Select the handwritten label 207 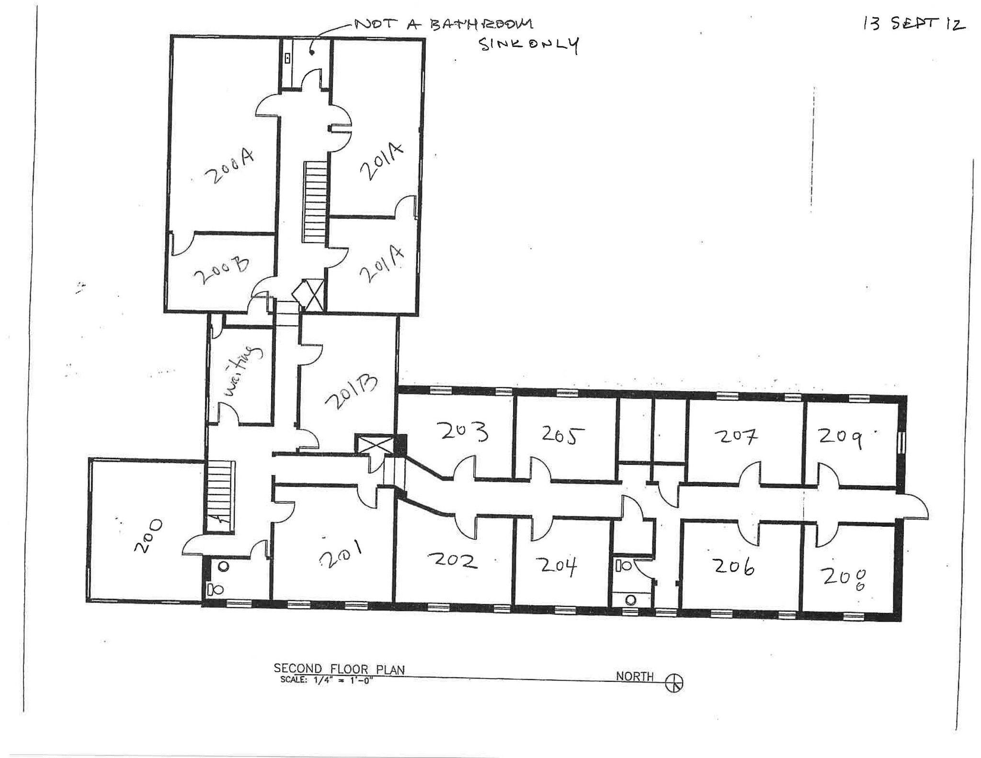click(x=735, y=436)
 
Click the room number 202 click(x=453, y=560)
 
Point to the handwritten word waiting click(x=243, y=371)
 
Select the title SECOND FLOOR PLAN click(x=339, y=668)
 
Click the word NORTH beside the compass click(x=634, y=676)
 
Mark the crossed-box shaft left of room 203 click(x=374, y=444)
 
